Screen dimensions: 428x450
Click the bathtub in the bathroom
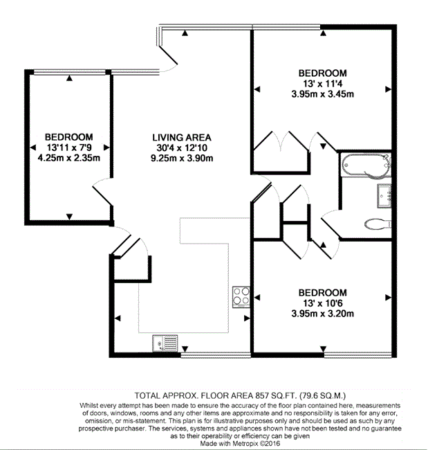(366, 165)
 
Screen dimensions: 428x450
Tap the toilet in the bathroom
(378, 224)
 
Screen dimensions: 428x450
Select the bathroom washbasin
(384, 196)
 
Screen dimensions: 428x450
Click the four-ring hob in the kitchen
(241, 297)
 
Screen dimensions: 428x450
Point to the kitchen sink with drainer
(165, 343)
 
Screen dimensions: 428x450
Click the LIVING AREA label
(182, 138)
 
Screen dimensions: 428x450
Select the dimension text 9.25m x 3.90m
(182, 158)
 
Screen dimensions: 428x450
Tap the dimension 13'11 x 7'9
(69, 147)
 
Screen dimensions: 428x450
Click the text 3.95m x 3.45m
(322, 94)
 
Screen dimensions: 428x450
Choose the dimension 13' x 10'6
(322, 303)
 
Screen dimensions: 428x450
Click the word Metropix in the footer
(243, 443)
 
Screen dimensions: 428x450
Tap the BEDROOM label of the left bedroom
(69, 137)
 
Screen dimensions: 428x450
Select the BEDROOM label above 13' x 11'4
(322, 73)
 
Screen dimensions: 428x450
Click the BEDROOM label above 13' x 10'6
(322, 293)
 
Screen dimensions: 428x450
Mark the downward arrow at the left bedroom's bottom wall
(69, 217)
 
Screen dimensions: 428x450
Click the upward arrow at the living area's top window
(185, 33)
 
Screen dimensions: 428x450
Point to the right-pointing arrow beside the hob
(247, 318)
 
